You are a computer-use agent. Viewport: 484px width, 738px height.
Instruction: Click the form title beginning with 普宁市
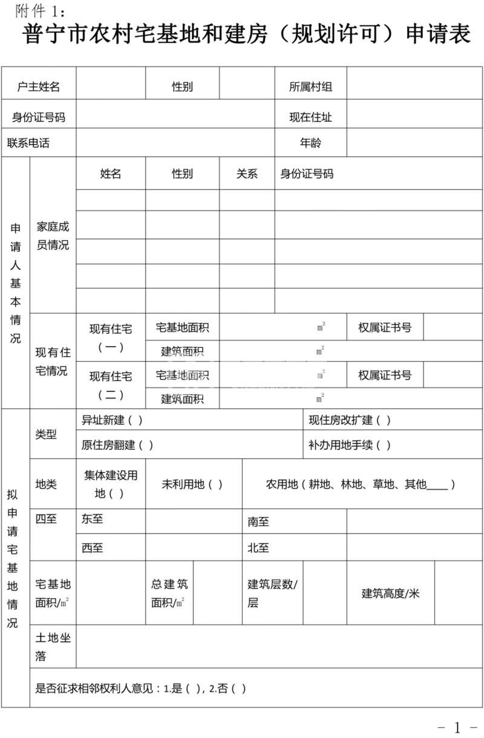[247, 34]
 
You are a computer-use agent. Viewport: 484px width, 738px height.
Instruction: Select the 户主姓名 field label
[39, 87]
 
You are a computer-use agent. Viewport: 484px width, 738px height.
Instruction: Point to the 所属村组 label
[310, 87]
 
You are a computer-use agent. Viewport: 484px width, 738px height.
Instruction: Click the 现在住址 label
[310, 117]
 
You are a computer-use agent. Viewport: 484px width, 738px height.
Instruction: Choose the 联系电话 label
[28, 143]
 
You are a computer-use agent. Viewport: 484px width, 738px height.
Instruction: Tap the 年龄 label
[310, 143]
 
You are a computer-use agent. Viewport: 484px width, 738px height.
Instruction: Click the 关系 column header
[247, 174]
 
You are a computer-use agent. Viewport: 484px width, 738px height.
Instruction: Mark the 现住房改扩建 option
[350, 420]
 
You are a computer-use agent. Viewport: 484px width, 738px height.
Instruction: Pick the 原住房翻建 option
[117, 445]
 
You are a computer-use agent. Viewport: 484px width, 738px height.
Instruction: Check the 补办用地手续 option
[350, 445]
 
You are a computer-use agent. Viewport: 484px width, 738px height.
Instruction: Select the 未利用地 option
[192, 484]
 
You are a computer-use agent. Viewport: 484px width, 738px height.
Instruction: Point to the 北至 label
[258, 548]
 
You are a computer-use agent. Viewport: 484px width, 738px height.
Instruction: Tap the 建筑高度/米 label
[390, 593]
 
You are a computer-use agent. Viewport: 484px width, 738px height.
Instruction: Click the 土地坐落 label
[53, 647]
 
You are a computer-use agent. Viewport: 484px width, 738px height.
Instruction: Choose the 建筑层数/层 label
[272, 593]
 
